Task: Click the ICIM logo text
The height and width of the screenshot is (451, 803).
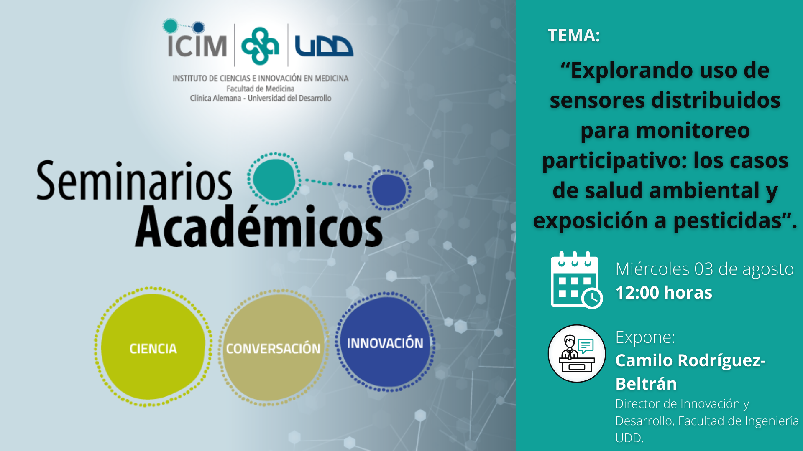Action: [x=197, y=46]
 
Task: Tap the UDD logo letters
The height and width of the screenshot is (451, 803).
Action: [x=324, y=46]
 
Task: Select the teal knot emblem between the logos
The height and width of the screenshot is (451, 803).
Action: [x=260, y=46]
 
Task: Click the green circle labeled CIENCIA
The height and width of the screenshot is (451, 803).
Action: [x=153, y=347]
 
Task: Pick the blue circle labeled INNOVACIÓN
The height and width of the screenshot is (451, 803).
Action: [x=385, y=342]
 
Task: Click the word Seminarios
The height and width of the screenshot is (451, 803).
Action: [x=134, y=181]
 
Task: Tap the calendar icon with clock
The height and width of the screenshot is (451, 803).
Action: [x=576, y=280]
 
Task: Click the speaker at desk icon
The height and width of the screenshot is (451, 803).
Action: [x=577, y=353]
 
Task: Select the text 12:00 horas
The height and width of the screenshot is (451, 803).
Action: [x=664, y=293]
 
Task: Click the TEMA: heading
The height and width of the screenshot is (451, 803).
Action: [x=574, y=35]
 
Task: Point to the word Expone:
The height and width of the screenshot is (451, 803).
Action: [x=645, y=337]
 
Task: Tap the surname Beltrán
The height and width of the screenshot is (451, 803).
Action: [x=646, y=384]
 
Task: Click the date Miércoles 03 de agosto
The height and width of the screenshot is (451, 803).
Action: [x=705, y=269]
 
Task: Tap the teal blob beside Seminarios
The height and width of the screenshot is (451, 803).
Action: [x=274, y=179]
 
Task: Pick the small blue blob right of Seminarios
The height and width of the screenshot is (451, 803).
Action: [x=389, y=190]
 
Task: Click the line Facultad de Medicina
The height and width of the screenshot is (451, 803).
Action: [x=261, y=89]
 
